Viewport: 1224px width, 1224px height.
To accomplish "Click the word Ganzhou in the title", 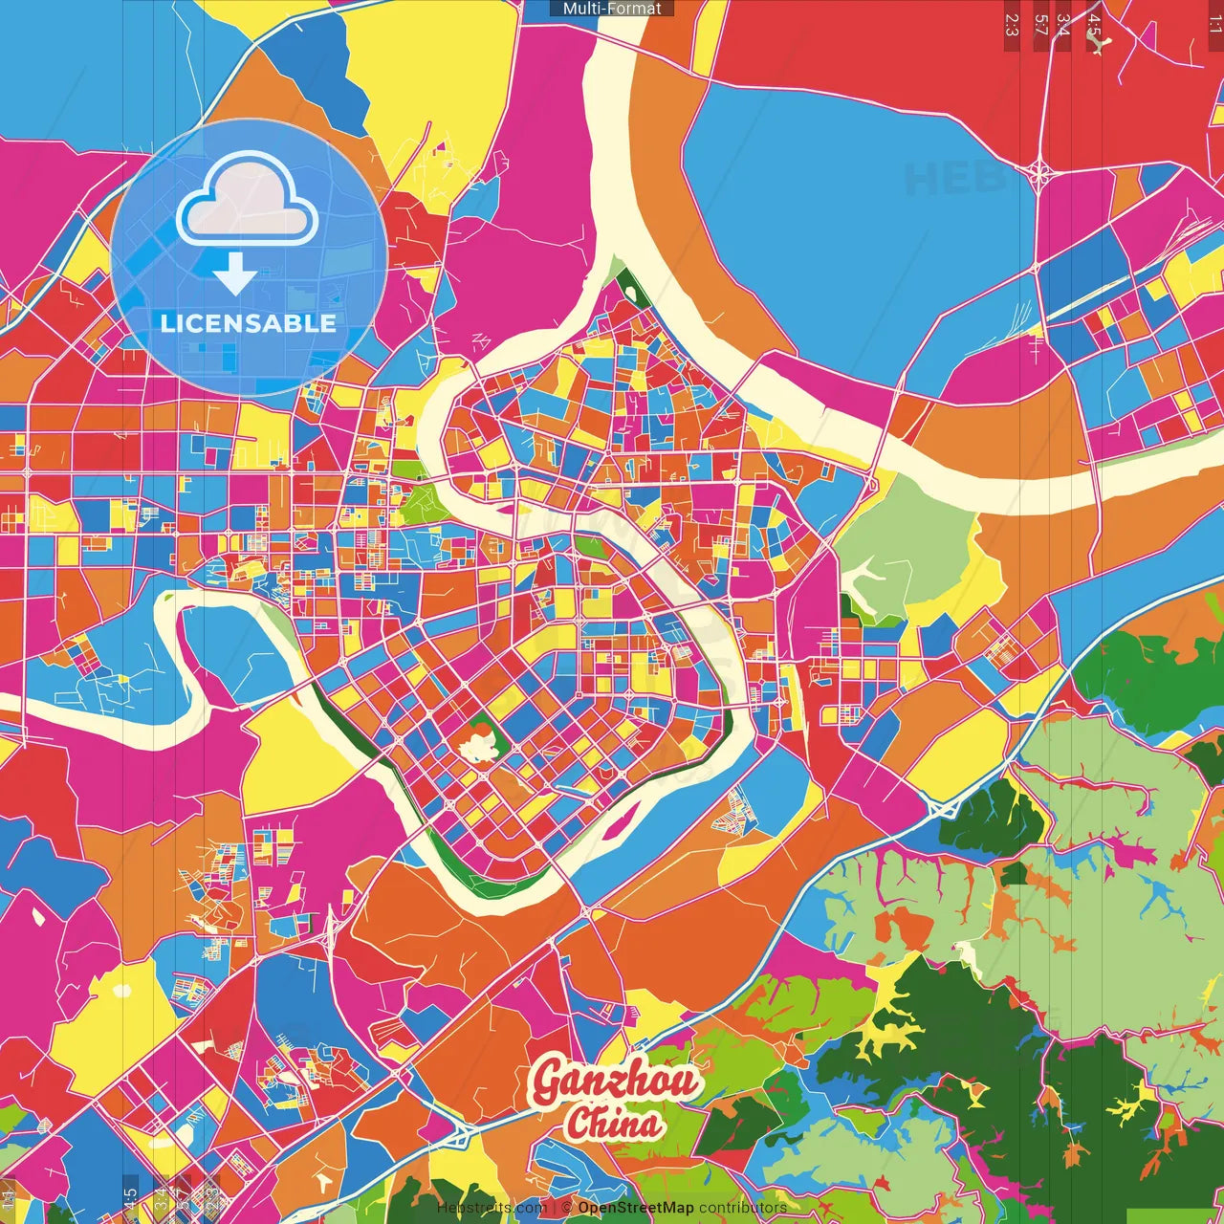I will tap(615, 1082).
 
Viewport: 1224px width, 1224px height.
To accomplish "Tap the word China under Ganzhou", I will tap(612, 1123).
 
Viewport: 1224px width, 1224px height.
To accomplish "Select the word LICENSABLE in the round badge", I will tap(249, 323).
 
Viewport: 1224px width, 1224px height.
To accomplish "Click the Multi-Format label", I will tap(612, 9).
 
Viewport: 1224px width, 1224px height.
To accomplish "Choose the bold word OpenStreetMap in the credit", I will tap(635, 1208).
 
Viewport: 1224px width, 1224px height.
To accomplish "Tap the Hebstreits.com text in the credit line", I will tap(492, 1208).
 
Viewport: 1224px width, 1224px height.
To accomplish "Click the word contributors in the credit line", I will tap(743, 1208).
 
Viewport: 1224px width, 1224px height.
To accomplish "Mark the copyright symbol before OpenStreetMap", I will tap(567, 1208).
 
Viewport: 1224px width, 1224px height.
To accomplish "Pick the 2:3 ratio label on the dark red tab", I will tap(1012, 24).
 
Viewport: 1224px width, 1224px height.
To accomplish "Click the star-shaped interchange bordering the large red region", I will tap(1040, 173).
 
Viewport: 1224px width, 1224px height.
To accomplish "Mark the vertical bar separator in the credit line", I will tap(554, 1208).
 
